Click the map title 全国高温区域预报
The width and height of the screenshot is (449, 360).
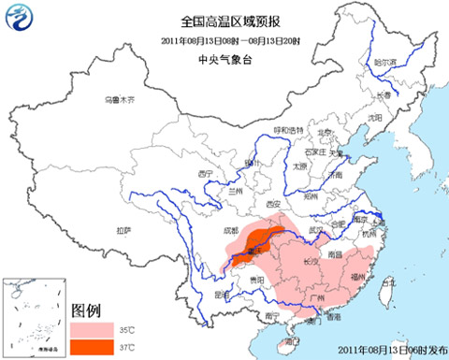tap(224, 20)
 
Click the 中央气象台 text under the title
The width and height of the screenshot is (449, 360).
tap(224, 58)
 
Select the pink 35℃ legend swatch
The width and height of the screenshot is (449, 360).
tap(93, 330)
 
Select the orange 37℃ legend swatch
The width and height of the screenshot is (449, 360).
tap(93, 348)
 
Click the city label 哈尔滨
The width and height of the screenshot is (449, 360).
tap(385, 61)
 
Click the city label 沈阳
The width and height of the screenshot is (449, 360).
tap(375, 118)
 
